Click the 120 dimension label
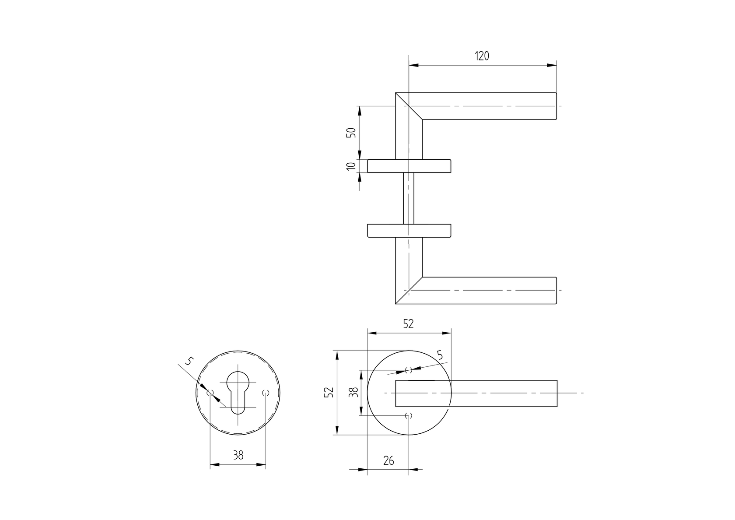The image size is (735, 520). pos(482,56)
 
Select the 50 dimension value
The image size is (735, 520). pos(351,132)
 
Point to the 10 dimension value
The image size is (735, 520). pos(351,166)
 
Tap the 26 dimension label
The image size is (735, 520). pos(388,460)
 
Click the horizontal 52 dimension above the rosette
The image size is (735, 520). pos(408,324)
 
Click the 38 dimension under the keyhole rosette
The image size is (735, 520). pos(238,455)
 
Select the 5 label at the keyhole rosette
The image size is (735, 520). pos(189,362)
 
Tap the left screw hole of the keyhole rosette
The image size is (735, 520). pos(210,393)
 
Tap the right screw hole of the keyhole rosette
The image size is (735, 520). pos(265,393)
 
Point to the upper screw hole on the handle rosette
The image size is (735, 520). pos(409,370)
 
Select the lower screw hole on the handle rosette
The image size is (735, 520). pos(409,415)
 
